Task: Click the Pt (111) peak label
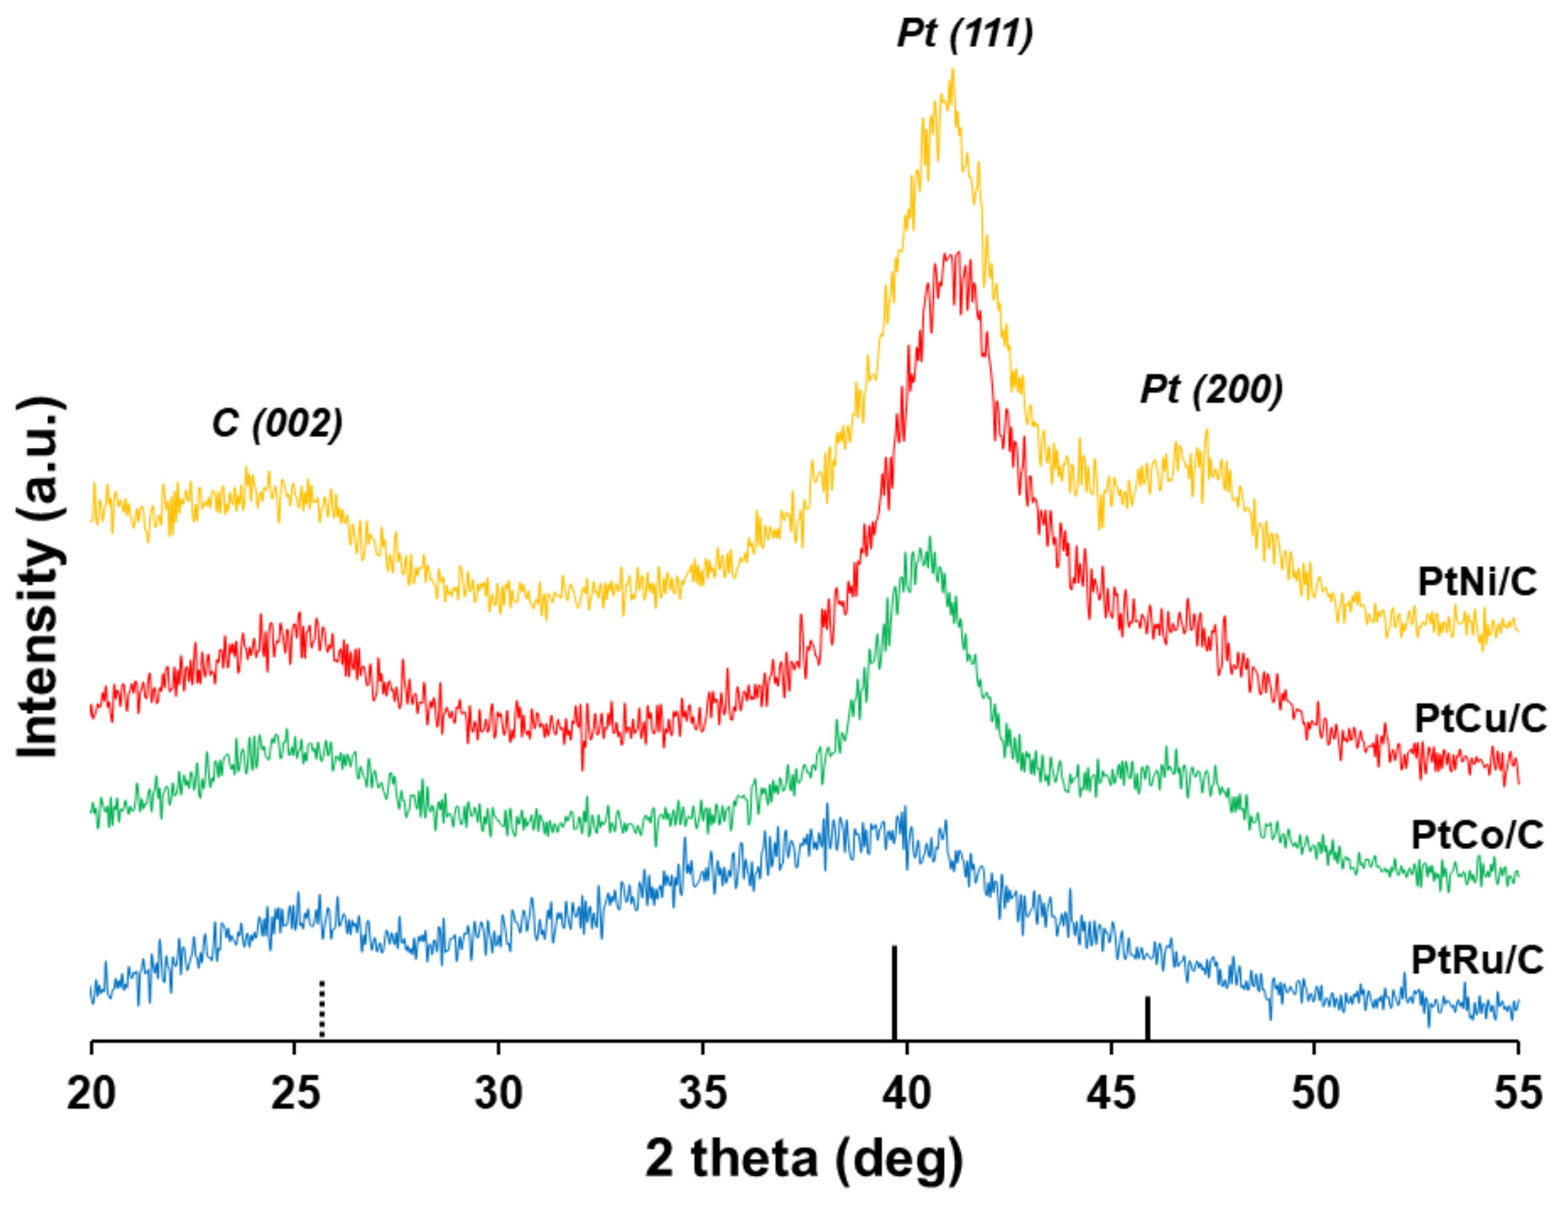964,34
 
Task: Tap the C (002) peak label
277,423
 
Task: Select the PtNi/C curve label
1477,582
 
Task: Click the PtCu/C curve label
1480,718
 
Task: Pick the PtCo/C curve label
1477,834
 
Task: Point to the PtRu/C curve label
1477,959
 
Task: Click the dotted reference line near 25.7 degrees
322,1010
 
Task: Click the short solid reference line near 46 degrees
1148,1019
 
